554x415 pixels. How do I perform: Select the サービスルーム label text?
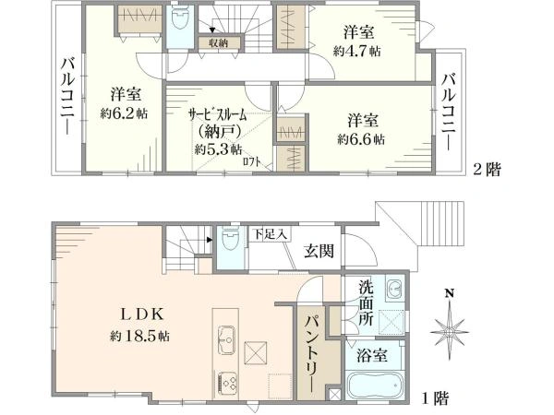coord(217,116)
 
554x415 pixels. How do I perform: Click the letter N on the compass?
coord(450,294)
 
